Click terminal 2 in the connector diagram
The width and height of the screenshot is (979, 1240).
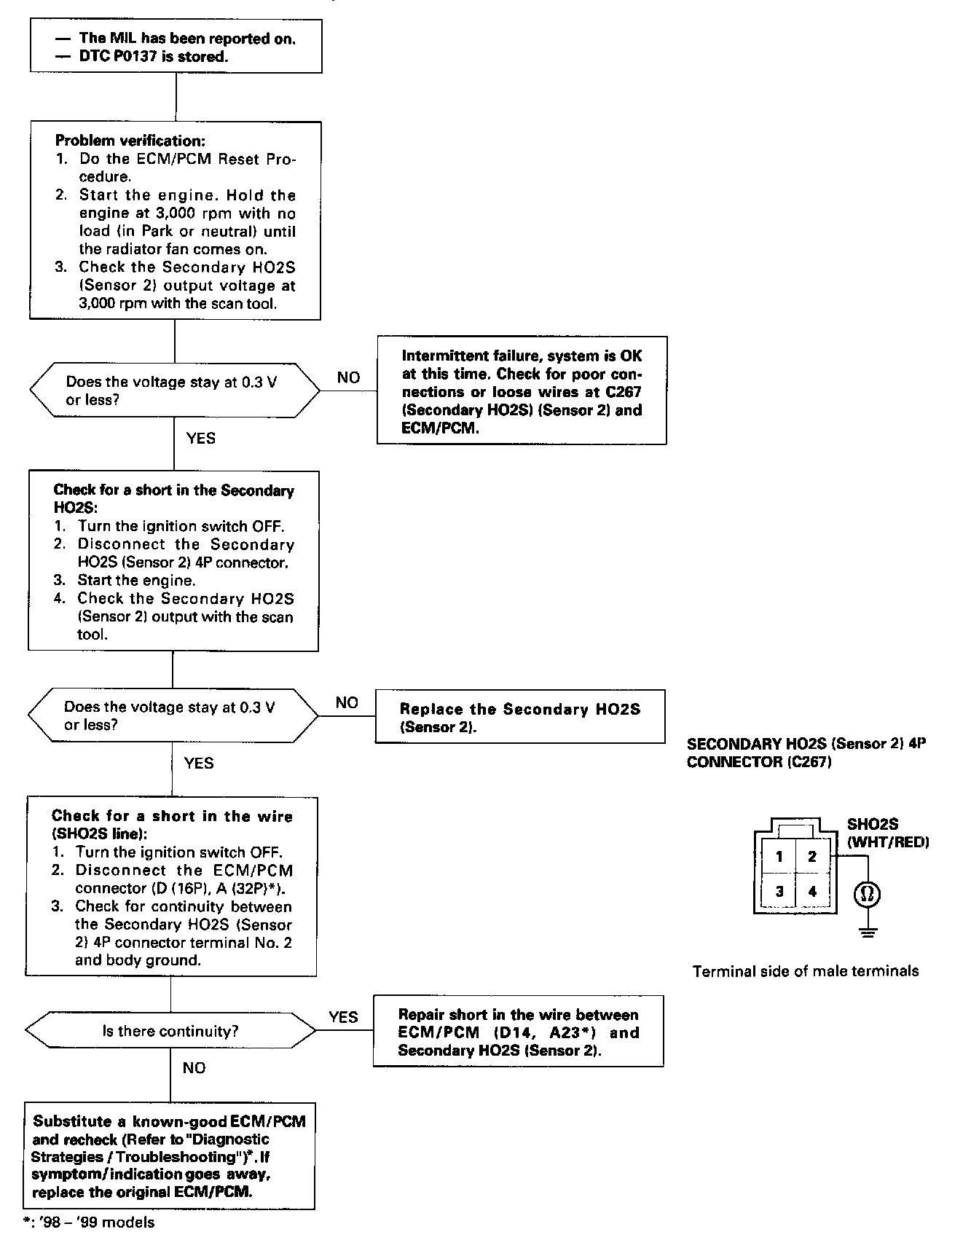812,857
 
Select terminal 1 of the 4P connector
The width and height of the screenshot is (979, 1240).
779,857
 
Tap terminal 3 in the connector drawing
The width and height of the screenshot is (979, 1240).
779,891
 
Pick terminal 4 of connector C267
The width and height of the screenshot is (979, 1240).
812,891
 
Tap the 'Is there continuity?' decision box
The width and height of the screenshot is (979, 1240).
170,1031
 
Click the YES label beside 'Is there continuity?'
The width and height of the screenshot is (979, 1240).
343,1017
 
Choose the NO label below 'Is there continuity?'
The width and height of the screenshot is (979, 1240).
194,1068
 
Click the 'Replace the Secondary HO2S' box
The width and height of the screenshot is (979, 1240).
519,717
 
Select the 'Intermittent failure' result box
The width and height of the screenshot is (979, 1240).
522,391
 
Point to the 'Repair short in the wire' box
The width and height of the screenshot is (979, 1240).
518,1032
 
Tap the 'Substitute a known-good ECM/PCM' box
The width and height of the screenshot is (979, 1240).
170,1156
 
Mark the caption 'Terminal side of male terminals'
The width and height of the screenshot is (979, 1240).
805,971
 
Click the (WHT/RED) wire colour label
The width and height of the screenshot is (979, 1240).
888,842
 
